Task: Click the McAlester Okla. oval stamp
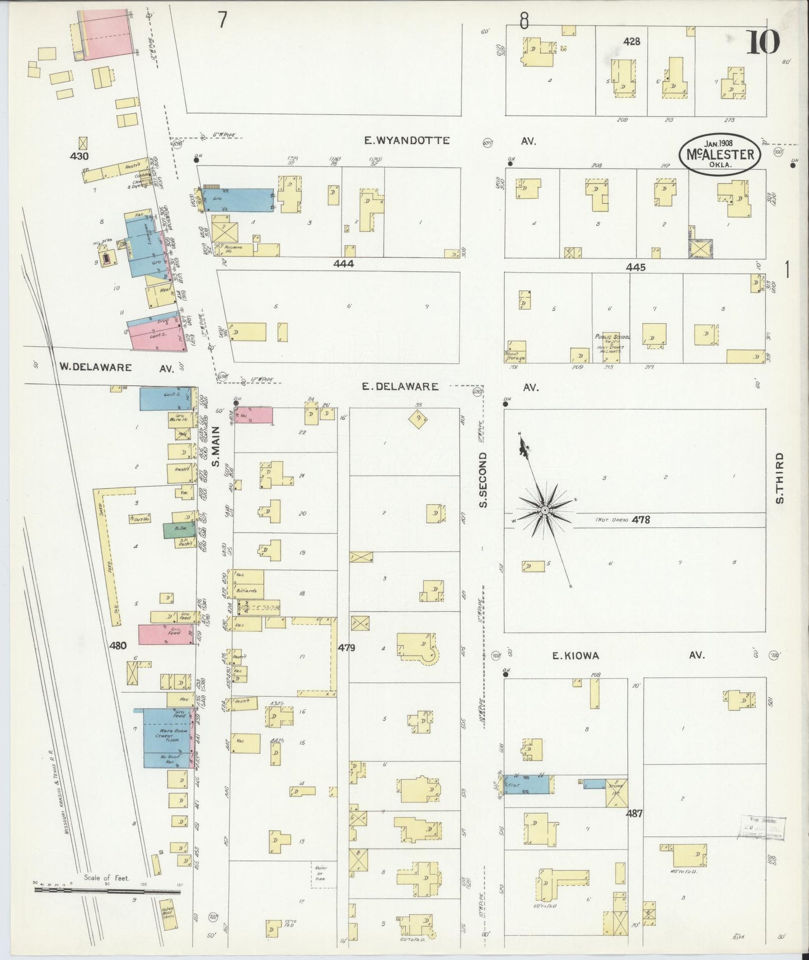click(x=720, y=154)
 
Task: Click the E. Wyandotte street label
click(x=406, y=141)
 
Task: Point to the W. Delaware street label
click(x=96, y=367)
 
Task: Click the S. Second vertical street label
click(x=484, y=481)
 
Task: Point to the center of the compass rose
click(x=544, y=510)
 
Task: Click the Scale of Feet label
click(x=106, y=878)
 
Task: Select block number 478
click(x=640, y=520)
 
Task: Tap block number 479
click(x=347, y=647)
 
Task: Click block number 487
click(x=634, y=813)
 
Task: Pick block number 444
click(x=343, y=263)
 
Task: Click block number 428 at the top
click(x=632, y=41)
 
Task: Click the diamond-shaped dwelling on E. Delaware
click(x=418, y=419)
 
